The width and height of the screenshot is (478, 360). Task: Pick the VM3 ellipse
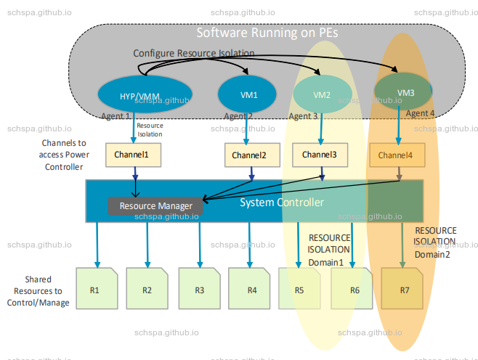click(x=403, y=91)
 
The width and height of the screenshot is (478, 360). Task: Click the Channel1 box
click(x=133, y=155)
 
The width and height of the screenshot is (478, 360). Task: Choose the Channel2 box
click(x=249, y=155)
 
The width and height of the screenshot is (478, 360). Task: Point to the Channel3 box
click(x=320, y=155)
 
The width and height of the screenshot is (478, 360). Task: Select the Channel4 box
click(x=395, y=155)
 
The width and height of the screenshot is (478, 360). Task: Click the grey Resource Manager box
click(x=155, y=206)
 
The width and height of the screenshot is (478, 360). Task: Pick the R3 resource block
click(x=199, y=290)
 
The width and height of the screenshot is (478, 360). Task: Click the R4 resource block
click(x=251, y=290)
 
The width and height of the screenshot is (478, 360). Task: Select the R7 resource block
click(x=404, y=290)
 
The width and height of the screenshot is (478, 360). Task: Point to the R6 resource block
click(x=354, y=290)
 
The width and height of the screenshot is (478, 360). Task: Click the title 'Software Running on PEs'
click(x=267, y=33)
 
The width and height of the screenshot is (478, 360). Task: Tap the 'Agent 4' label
click(x=420, y=113)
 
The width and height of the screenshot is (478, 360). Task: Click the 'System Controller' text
click(x=282, y=202)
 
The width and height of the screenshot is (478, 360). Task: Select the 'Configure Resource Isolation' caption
click(x=193, y=54)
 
